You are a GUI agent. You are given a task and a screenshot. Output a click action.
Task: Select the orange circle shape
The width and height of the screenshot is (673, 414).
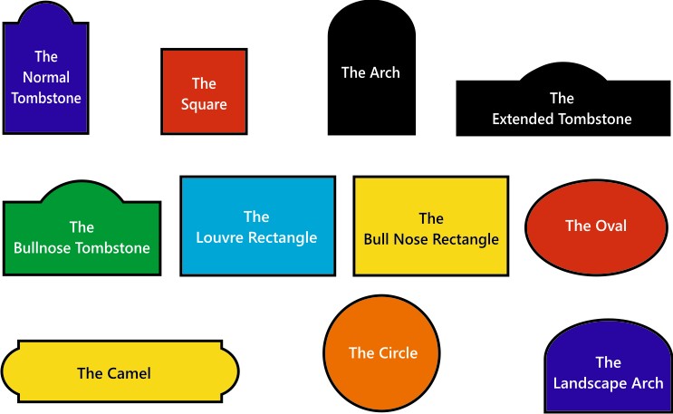[382, 353]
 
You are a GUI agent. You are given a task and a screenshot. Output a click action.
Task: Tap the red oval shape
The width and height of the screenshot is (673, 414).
[595, 226]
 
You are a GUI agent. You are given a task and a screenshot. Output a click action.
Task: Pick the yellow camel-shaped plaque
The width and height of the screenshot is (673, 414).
[120, 371]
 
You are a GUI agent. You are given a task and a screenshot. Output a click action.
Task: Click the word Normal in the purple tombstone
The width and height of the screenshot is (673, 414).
[46, 77]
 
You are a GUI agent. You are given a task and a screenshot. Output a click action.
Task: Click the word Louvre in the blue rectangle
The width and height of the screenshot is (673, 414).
[218, 238]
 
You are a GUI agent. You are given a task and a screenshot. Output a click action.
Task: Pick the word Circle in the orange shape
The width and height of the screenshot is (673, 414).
[397, 352]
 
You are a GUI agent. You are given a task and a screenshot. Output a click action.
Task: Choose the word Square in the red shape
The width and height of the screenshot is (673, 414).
[204, 104]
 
